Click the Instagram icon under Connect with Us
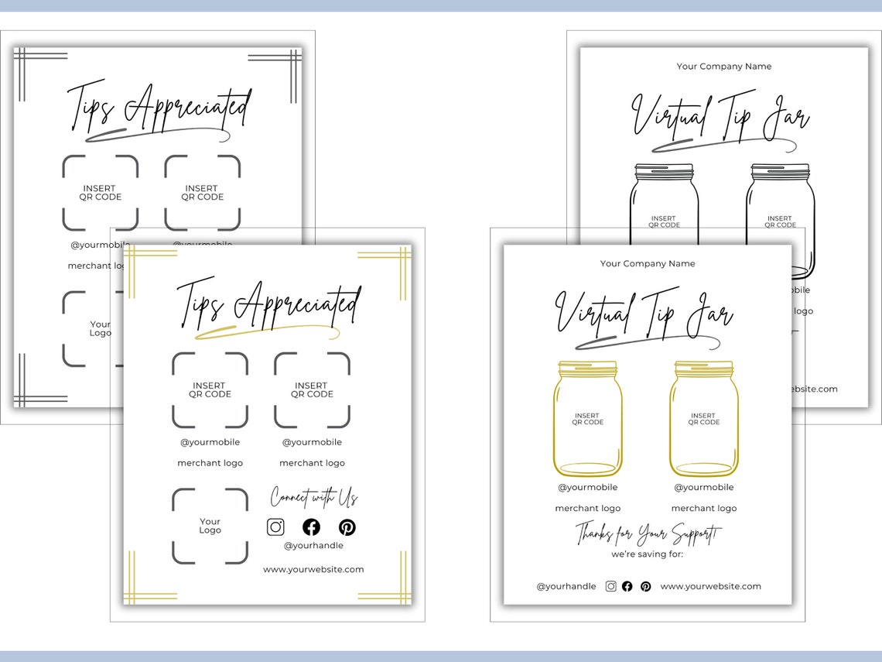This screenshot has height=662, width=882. (x=275, y=527)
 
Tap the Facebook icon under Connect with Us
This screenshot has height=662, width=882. (x=311, y=527)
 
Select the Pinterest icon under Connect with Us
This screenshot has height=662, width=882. (x=347, y=527)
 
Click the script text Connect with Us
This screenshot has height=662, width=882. (x=313, y=496)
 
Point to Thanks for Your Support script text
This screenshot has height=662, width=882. (x=648, y=533)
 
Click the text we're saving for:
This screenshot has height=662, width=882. (x=647, y=554)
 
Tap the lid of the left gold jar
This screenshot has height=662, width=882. (x=587, y=369)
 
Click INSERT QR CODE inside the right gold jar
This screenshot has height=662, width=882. (x=703, y=419)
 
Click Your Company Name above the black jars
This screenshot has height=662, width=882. (x=723, y=67)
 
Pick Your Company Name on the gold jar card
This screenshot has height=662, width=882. (x=648, y=264)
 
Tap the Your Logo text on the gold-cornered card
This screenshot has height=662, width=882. (x=210, y=526)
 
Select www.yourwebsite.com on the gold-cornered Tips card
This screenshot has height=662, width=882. (x=313, y=569)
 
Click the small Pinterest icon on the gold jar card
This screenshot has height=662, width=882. (x=645, y=587)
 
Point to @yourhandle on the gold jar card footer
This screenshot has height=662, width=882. (x=566, y=587)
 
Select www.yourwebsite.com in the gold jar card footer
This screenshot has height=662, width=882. (x=710, y=587)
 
